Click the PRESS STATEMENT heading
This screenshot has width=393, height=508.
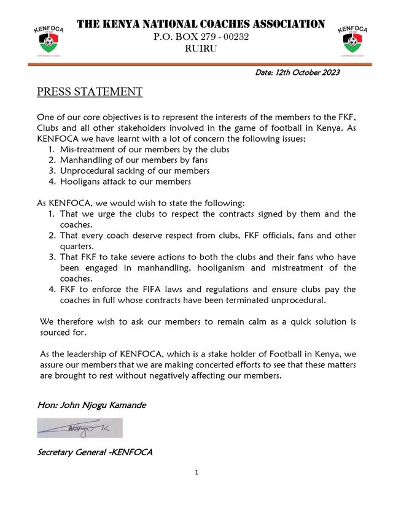(90, 92)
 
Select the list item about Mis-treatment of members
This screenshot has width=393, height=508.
(144, 149)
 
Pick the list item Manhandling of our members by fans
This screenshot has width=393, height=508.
(139, 160)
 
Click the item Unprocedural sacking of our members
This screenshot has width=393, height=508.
(134, 171)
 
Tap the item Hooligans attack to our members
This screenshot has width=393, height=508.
(125, 182)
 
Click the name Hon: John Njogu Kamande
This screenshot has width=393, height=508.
(93, 406)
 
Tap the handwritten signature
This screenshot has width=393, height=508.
(80, 428)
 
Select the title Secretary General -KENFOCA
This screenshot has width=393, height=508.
(95, 453)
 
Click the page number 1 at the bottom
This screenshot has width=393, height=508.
(196, 472)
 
